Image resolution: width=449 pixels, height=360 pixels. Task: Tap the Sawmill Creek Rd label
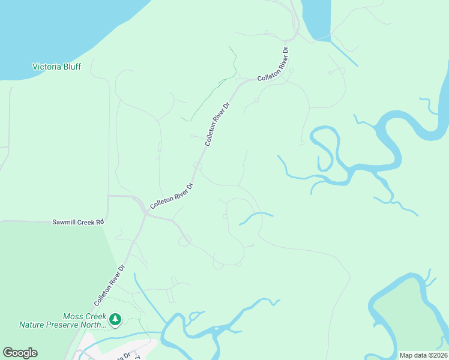(x=78, y=222)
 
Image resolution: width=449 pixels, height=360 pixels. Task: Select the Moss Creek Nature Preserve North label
(x=62, y=320)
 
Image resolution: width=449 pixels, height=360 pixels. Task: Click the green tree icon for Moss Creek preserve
(x=115, y=320)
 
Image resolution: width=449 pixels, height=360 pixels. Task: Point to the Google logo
(x=20, y=353)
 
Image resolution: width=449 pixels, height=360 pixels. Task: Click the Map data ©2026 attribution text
(x=423, y=355)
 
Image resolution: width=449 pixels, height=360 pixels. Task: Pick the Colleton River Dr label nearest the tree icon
(x=109, y=286)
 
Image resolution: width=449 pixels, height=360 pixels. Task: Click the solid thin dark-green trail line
(x=207, y=96)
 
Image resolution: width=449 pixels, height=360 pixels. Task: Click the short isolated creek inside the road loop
(x=256, y=217)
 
